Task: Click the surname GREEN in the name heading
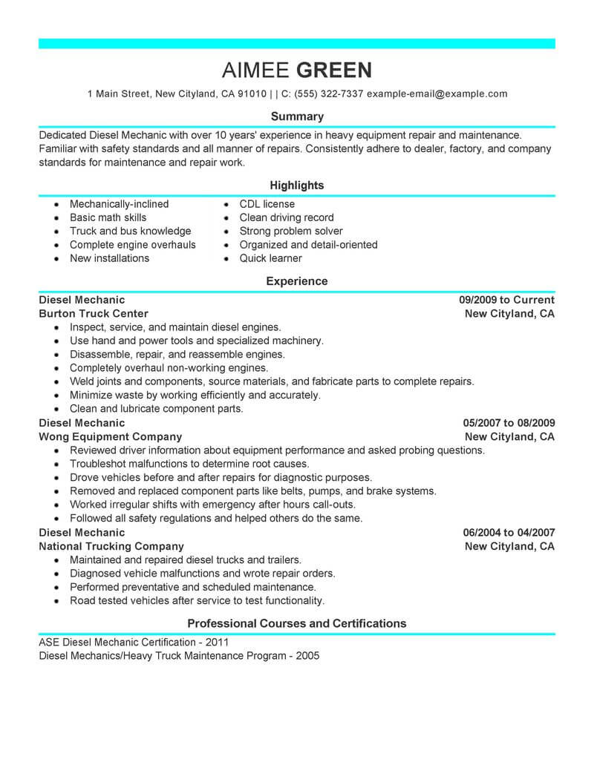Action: coord(334,70)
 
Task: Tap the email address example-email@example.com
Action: coord(437,94)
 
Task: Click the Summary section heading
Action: coord(296,116)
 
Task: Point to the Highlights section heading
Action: coord(296,185)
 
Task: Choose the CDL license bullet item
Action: coord(267,204)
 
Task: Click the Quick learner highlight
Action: coord(270,258)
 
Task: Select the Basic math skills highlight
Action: coord(108,217)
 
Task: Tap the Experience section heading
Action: coord(296,281)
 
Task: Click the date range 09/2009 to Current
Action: coord(506,300)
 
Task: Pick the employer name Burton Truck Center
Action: coord(94,314)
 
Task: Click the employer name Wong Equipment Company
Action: coord(110,437)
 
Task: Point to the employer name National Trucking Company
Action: coord(111,546)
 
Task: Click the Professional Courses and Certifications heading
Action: coord(296,623)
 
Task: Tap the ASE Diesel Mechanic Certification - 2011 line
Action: coord(134,643)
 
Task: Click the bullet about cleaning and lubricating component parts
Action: coord(156,409)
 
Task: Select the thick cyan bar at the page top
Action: coord(296,44)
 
